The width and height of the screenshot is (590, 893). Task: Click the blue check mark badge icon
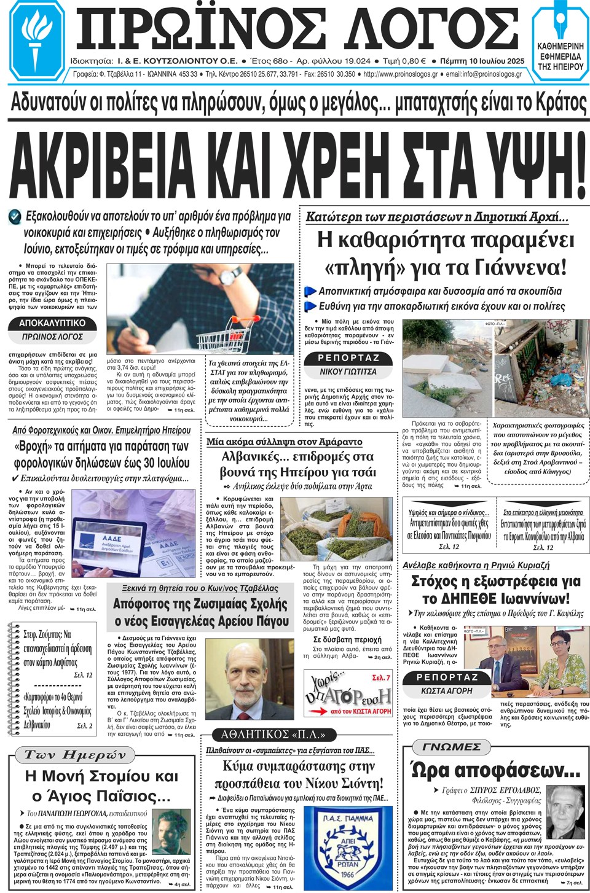(x=15, y=216)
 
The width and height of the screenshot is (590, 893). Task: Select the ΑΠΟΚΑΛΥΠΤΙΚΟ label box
(x=53, y=323)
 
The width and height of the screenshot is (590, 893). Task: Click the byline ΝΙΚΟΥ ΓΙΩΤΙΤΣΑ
(x=348, y=372)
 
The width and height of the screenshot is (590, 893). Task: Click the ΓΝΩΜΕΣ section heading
(x=452, y=747)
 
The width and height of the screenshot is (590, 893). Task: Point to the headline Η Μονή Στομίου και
(x=101, y=776)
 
